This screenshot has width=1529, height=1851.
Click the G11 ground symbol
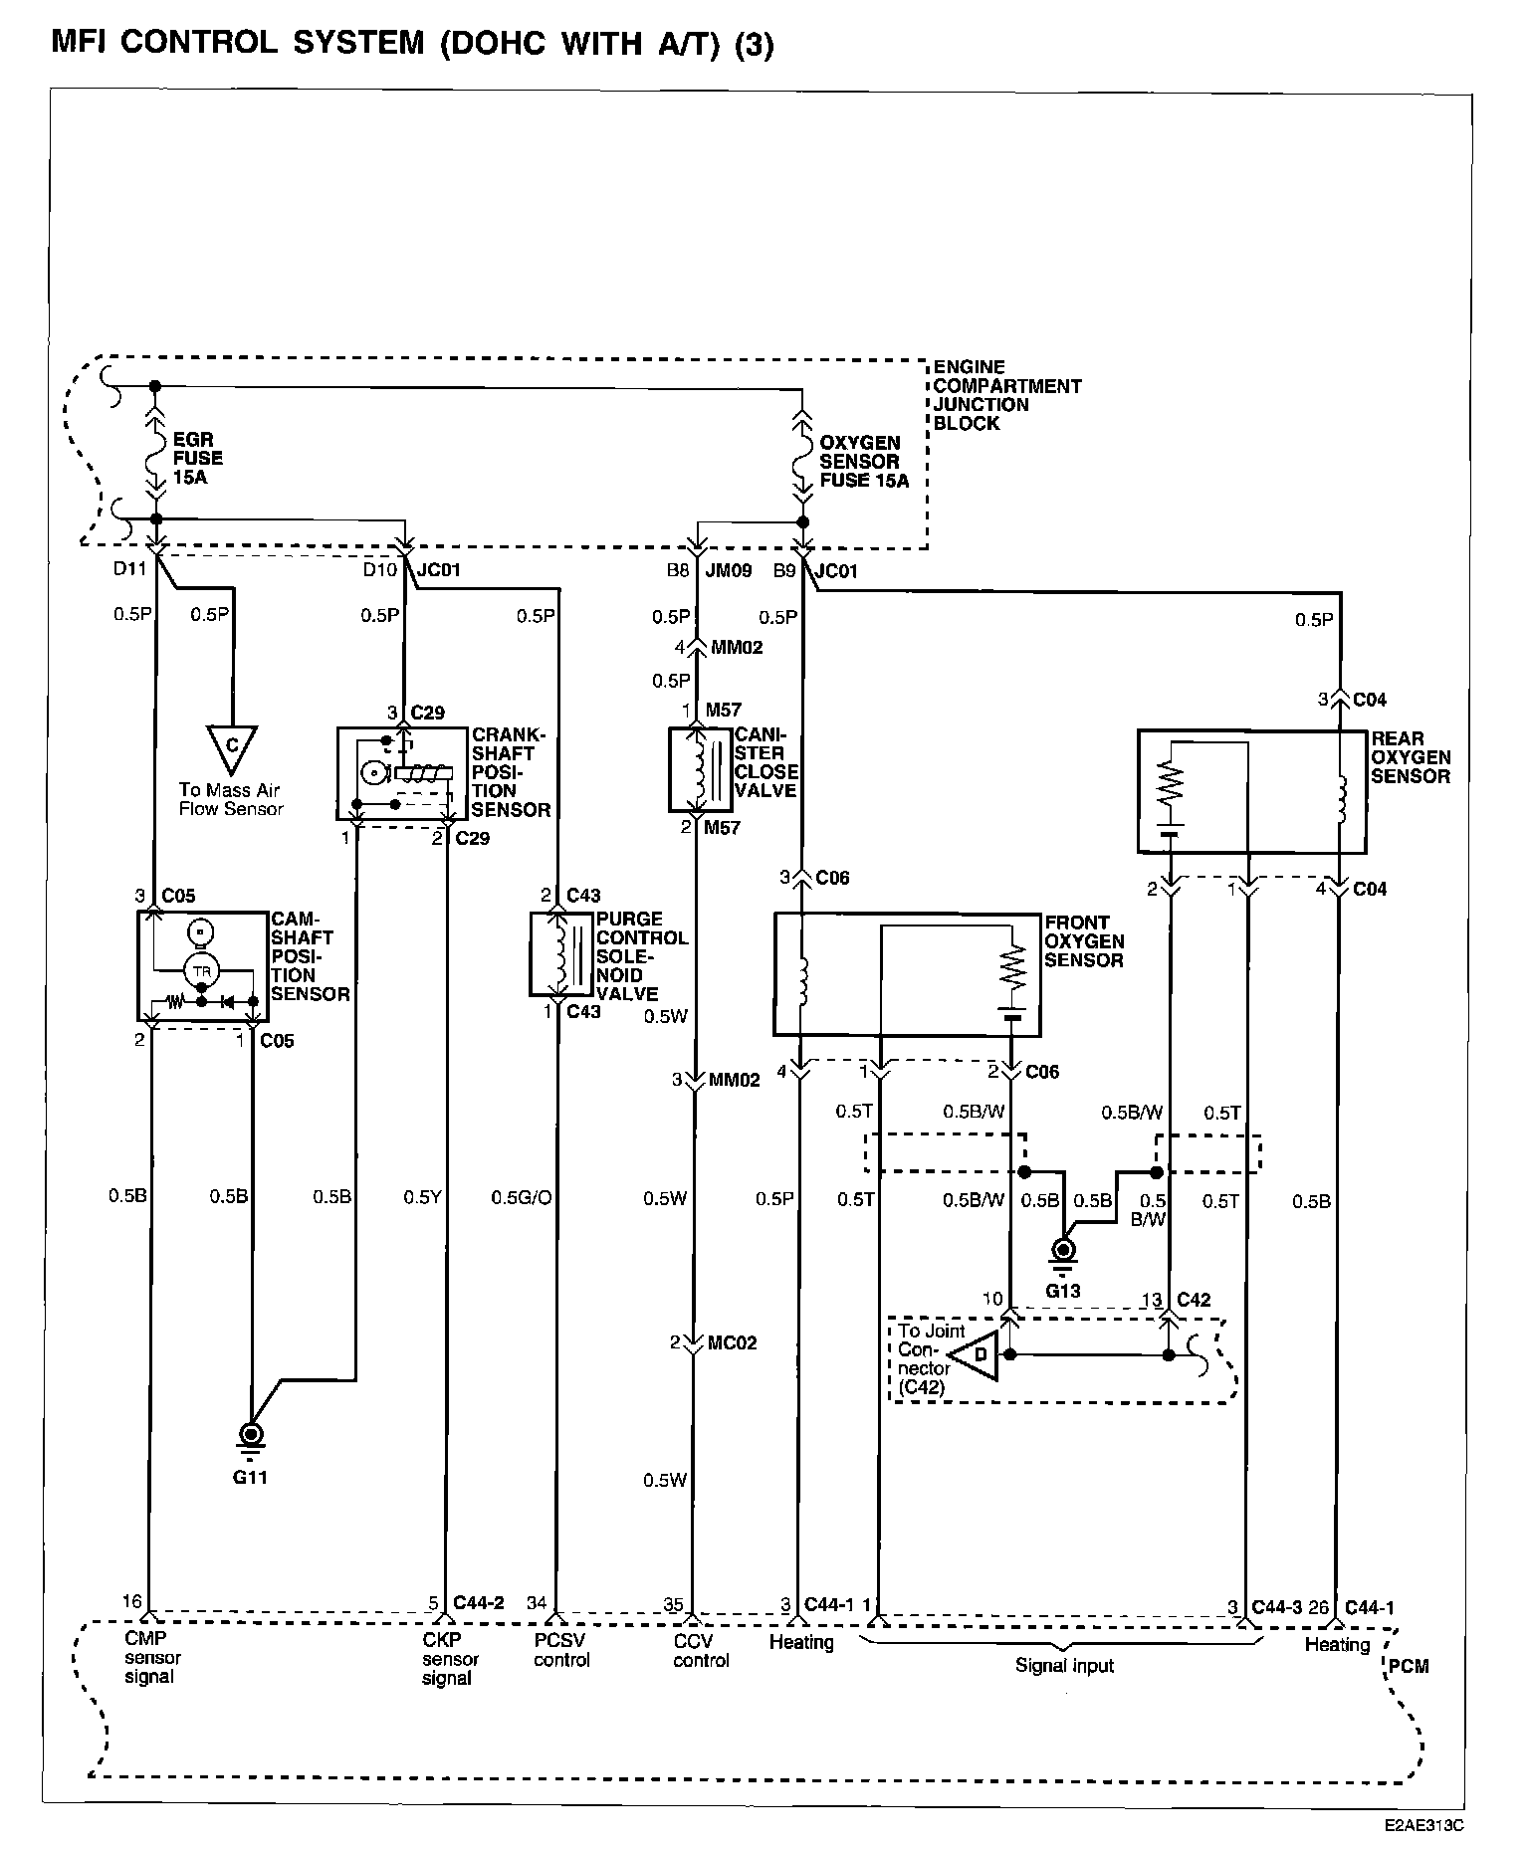coord(251,1438)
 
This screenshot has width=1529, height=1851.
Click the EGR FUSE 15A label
coord(198,458)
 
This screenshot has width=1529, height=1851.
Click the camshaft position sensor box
coord(203,965)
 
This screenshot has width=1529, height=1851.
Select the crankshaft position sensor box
coord(402,773)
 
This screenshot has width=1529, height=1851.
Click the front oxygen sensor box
coord(907,974)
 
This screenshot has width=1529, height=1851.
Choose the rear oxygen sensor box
coord(1252,792)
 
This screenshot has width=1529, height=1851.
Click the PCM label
coord(1408,1666)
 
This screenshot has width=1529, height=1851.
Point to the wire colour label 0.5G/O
coord(521,1197)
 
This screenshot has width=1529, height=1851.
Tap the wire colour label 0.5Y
coord(422,1197)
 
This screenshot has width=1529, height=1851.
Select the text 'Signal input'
coord(1064,1667)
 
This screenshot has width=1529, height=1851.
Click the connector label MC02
coord(733,1342)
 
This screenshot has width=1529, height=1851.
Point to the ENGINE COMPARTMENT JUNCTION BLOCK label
coord(1006,395)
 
